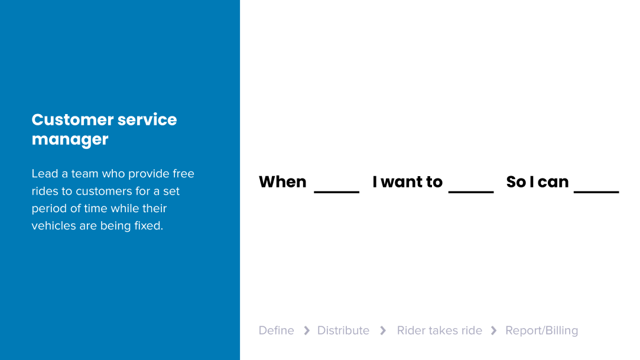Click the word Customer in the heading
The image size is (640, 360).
point(72,119)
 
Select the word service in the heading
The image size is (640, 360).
point(147,119)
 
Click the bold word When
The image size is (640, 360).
point(282,181)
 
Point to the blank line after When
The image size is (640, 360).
point(337,192)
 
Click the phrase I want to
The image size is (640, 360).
point(407,181)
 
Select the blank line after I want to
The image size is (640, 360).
point(471,192)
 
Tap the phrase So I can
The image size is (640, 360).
point(537,181)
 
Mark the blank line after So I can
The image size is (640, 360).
point(596,192)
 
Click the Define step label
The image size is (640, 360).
point(277,330)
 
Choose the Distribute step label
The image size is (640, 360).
point(343,330)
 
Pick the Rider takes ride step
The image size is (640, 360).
point(439,330)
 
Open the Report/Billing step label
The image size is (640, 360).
point(542,330)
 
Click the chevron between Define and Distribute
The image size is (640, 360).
point(307,330)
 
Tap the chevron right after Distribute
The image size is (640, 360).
point(383,330)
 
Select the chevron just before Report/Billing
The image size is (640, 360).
point(493,330)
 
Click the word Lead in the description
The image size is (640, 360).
point(45,173)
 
